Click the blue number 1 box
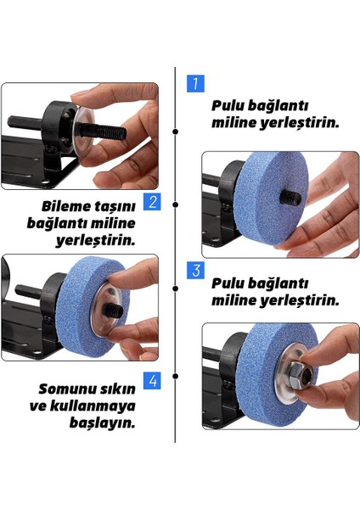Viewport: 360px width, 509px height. [x=195, y=83]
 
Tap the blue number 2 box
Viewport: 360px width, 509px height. [x=152, y=202]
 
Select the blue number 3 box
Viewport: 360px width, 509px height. [x=195, y=271]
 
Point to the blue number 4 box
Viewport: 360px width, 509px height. [x=152, y=380]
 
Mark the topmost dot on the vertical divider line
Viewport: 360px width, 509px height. [x=175, y=132]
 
